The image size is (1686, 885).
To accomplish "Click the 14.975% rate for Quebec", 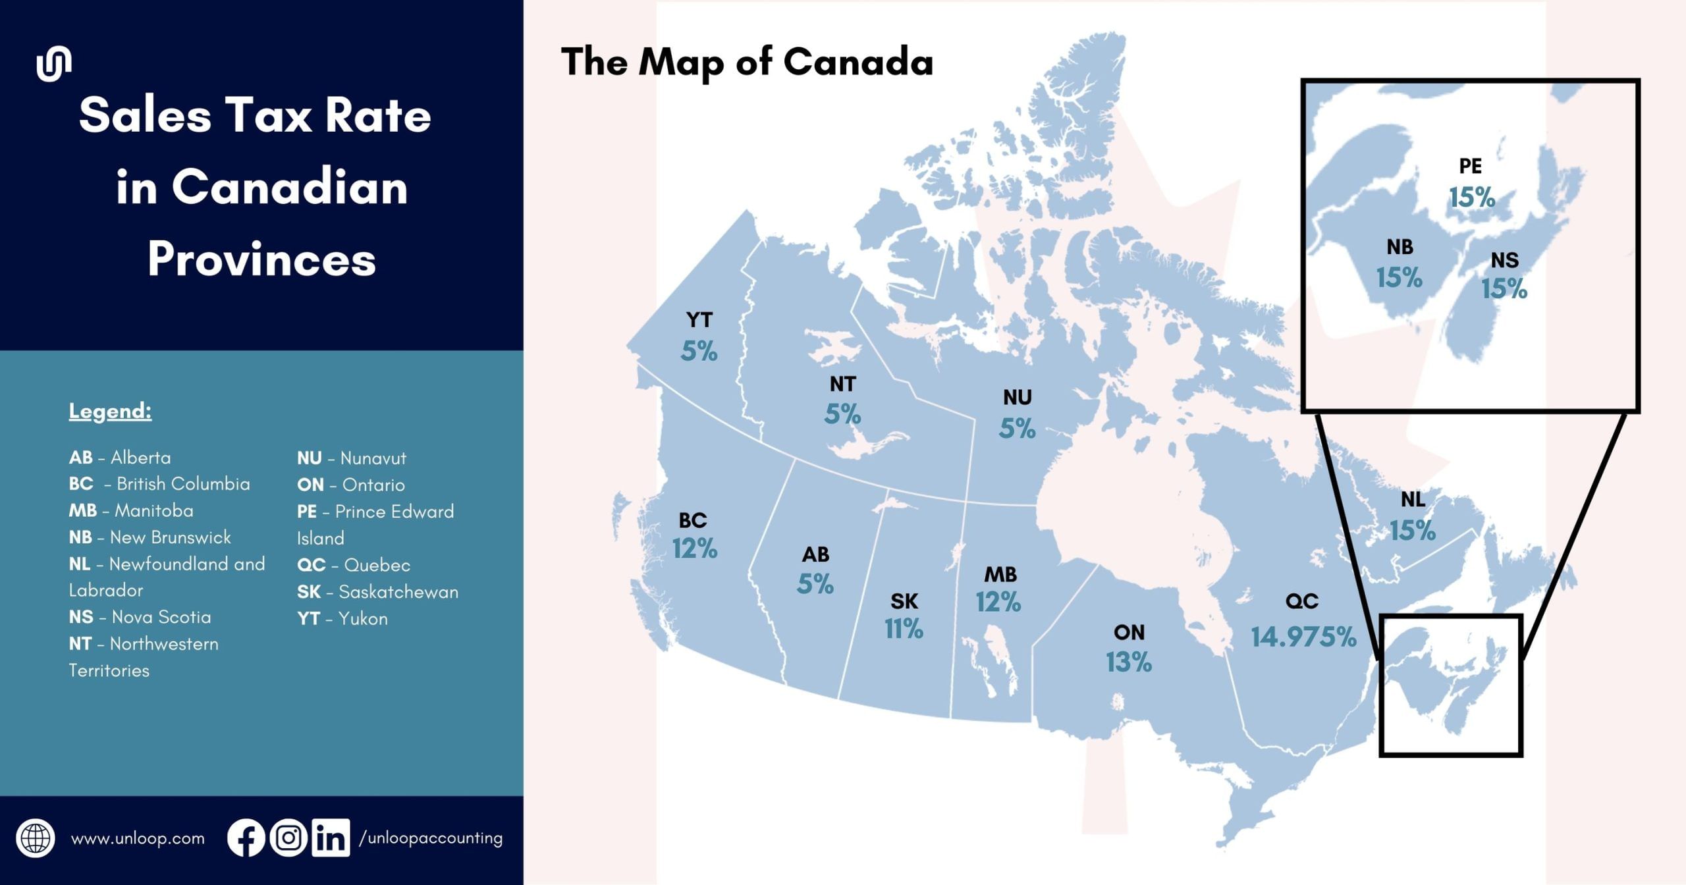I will point(1303,637).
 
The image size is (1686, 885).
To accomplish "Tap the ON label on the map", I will point(1129,632).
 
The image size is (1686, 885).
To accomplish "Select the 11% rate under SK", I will point(904,629).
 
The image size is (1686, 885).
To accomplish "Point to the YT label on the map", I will point(699,320).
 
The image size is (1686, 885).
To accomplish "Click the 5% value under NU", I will point(1017,429).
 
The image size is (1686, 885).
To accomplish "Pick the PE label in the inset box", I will point(1470,166).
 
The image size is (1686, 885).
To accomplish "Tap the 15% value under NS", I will point(1504,288).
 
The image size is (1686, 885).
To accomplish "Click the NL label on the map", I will point(1413,499).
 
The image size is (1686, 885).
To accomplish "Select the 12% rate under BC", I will point(694,549).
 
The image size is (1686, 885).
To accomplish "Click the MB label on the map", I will point(1000,574).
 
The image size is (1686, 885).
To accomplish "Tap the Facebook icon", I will point(246,838).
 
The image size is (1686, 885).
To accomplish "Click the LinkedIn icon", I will point(330,838).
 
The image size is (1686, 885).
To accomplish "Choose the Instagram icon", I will point(288,838).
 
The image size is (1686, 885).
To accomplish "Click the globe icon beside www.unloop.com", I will point(36,838).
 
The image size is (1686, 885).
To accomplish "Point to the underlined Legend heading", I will point(110,411).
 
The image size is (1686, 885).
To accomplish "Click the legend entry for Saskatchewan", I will point(377,591).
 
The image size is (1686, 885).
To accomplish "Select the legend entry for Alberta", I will point(119,457).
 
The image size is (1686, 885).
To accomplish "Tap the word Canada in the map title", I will point(857,62).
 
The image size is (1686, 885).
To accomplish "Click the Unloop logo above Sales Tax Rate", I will point(54,64).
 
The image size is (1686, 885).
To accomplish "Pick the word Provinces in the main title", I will point(261,259).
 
